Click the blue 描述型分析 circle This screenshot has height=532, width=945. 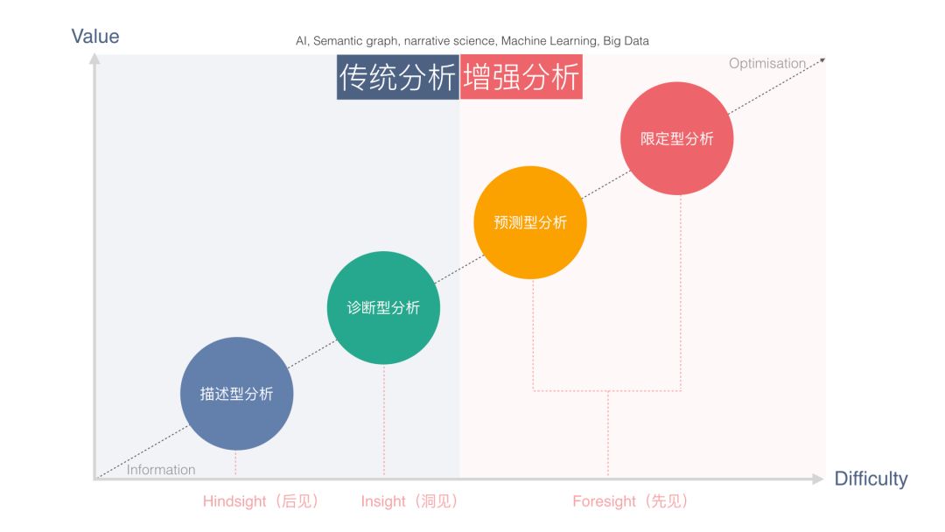236,394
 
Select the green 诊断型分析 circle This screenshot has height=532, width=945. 383,308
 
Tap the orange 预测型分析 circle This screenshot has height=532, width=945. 530,222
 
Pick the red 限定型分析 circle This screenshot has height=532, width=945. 676,138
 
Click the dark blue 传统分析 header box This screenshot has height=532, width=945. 397,78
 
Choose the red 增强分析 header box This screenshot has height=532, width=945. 521,78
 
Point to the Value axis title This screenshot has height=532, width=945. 95,36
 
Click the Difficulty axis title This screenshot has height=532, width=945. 871,479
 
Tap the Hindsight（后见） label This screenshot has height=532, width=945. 261,501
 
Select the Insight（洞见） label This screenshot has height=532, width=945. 409,501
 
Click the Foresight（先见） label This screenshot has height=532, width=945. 630,501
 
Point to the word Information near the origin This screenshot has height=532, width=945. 161,470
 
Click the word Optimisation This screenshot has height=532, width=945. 766,63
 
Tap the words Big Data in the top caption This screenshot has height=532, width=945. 626,41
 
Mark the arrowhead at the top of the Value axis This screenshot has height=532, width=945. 94,59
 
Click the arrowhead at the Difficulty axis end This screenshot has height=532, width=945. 817,479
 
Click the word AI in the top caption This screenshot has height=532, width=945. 301,41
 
